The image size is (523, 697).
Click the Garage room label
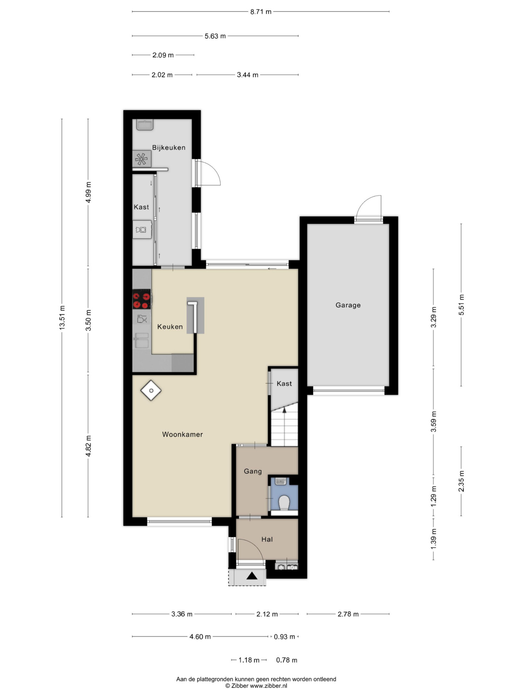tap(348, 305)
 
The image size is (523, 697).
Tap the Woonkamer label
tap(182, 434)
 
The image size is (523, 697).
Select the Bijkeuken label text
tap(169, 148)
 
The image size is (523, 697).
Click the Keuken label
tap(170, 326)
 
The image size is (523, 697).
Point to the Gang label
tap(253, 471)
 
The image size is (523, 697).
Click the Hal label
tap(267, 539)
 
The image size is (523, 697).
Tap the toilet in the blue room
tap(284, 503)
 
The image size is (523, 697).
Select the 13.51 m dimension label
tap(62, 318)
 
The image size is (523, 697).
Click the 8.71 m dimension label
tap(261, 12)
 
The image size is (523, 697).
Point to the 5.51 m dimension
tap(461, 305)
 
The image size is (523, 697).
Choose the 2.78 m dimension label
tap(348, 614)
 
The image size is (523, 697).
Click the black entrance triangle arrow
tap(252, 575)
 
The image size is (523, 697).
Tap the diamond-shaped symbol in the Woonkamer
tap(151, 390)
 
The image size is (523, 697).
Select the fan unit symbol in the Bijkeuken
tap(142, 159)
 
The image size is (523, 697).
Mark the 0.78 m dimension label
tap(286, 660)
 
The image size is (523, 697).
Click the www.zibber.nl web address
tap(268, 686)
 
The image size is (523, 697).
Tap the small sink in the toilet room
tap(281, 481)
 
